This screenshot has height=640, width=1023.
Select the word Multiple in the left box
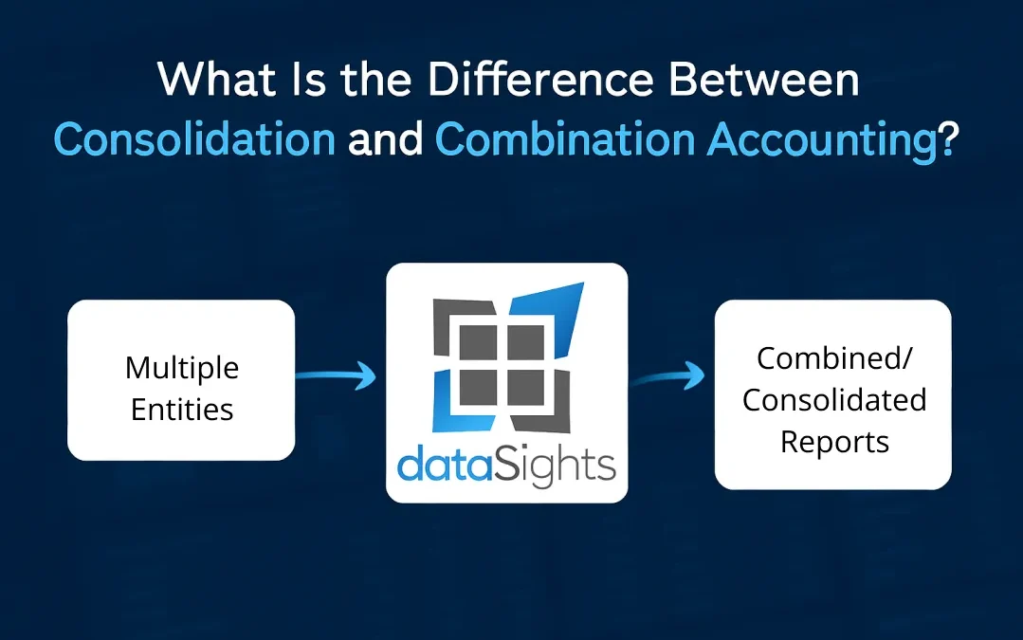pos(182,368)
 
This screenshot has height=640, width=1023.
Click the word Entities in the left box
pos(182,410)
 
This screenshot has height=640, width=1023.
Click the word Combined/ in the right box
pos(833,358)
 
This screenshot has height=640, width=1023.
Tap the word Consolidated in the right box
pos(833,400)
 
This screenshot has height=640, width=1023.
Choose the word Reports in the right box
pos(833,442)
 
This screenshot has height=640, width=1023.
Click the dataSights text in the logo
pos(506,466)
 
